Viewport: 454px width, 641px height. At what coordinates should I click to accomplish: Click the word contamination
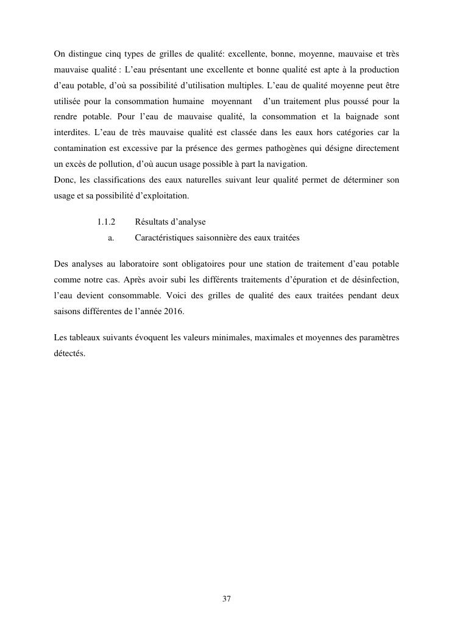[x=79, y=148]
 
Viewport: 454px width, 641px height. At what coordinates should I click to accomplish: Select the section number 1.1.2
[x=107, y=222]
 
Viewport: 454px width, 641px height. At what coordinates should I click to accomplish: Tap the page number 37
[x=227, y=599]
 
